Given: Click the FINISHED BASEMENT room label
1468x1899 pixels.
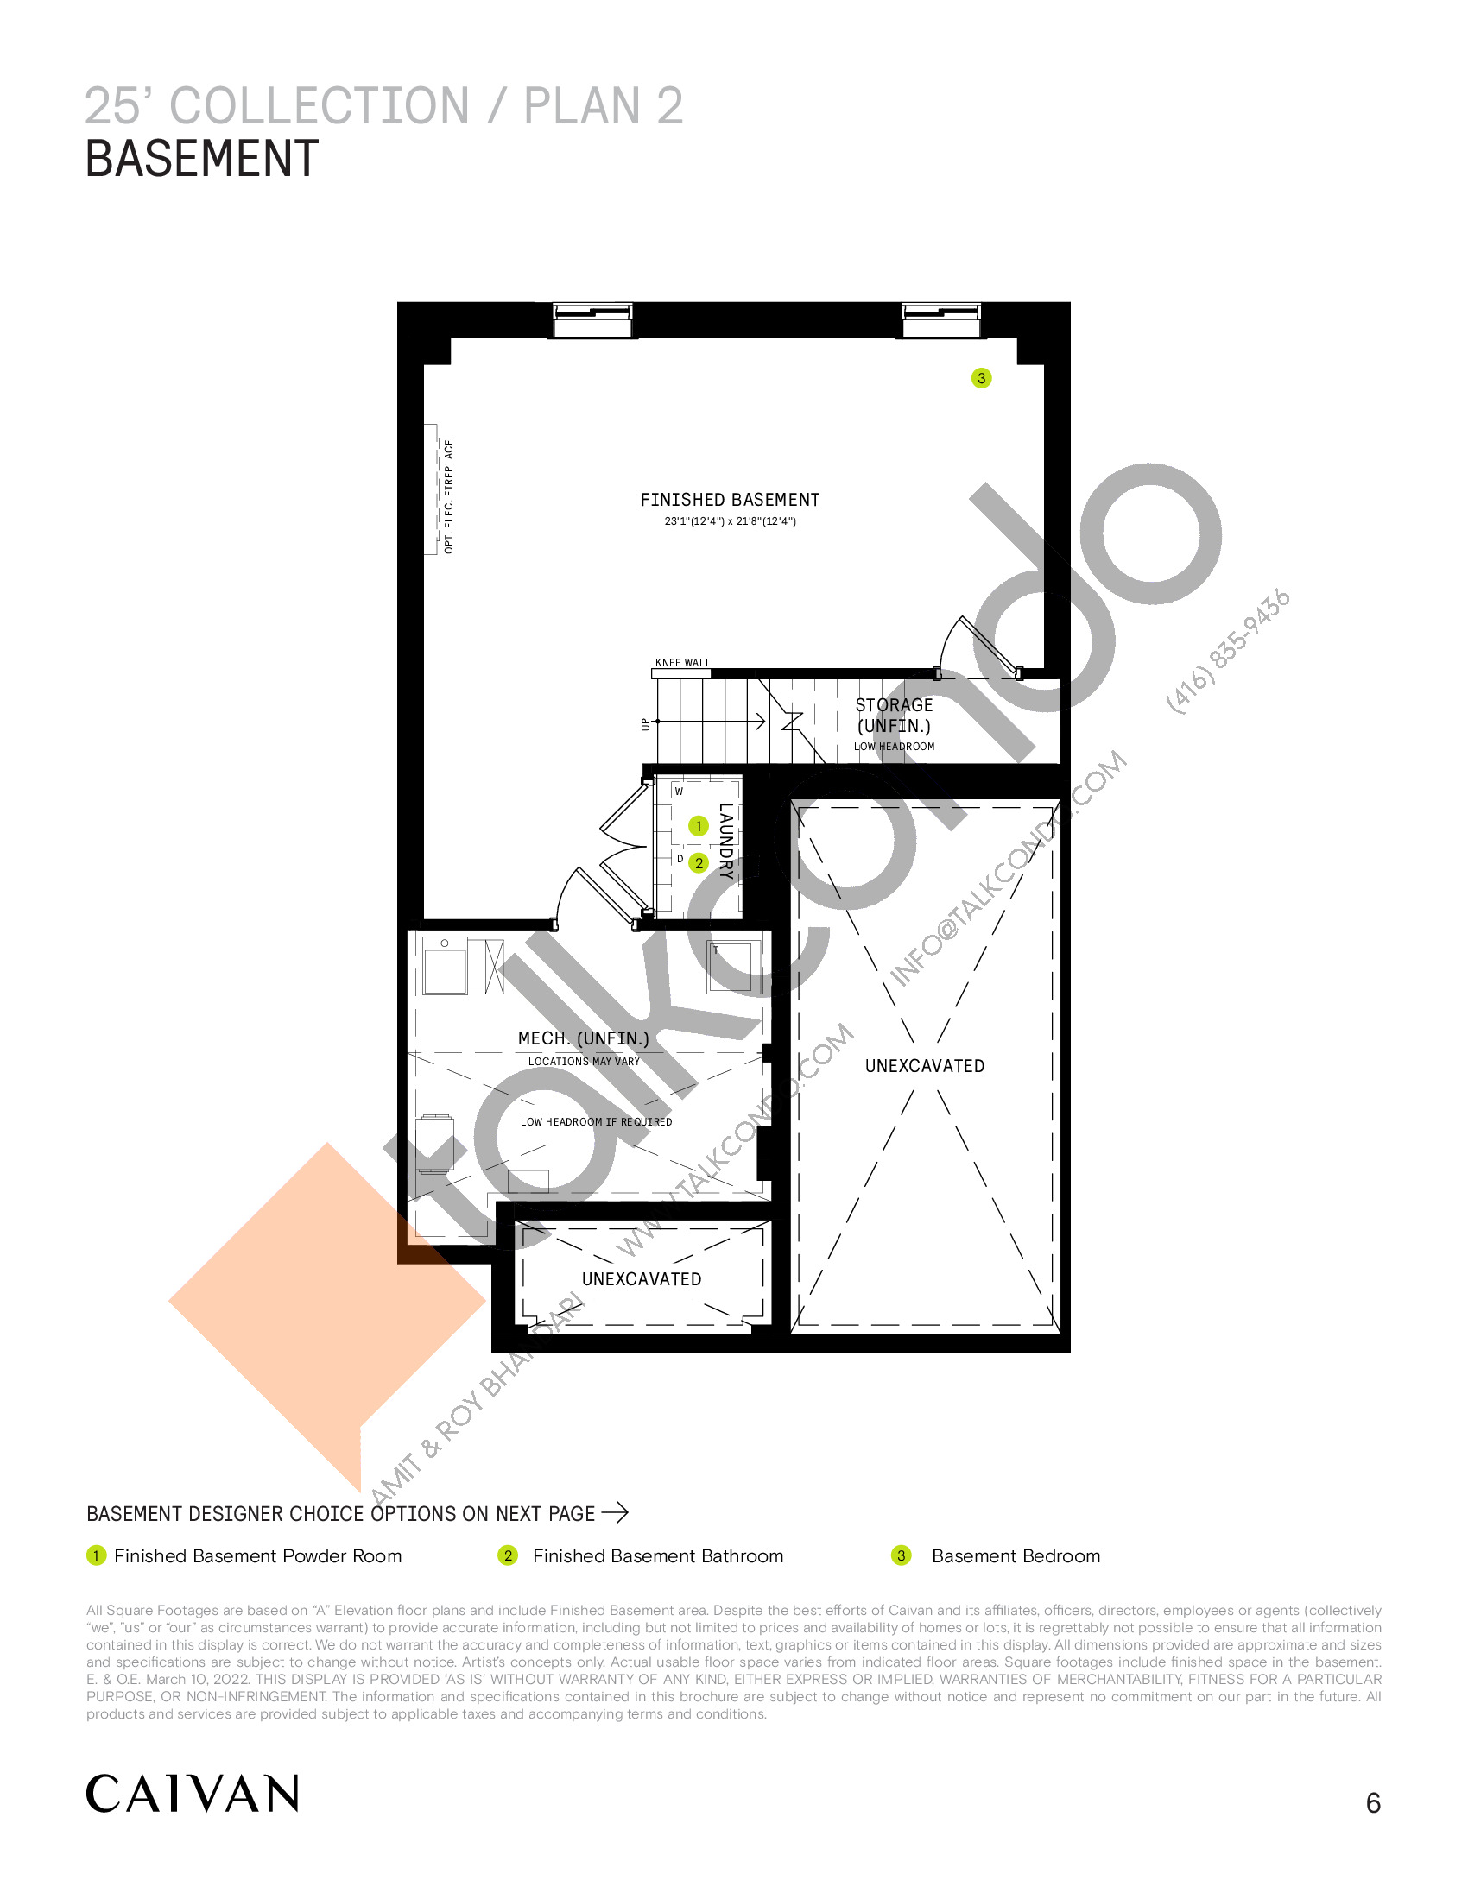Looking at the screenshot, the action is click(730, 500).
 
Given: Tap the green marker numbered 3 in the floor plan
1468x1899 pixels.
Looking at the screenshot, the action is click(981, 378).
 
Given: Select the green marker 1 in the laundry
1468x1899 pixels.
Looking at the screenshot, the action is click(699, 826).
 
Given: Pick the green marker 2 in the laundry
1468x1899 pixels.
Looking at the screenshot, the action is click(699, 863).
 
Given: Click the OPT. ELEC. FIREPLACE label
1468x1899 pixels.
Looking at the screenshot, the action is click(449, 496).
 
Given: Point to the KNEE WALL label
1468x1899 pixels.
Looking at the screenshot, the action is click(683, 663).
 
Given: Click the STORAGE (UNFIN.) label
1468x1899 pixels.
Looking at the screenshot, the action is click(894, 716).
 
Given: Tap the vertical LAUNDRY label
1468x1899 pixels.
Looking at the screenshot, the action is click(726, 841).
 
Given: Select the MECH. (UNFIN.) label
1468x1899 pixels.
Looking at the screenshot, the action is click(584, 1038).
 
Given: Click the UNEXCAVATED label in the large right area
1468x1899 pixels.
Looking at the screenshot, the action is click(925, 1066).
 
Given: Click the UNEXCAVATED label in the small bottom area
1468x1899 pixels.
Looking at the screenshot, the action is click(641, 1279).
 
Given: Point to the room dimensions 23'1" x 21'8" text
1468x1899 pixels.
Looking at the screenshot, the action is click(730, 521).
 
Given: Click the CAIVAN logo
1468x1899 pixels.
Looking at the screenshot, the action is click(193, 1794).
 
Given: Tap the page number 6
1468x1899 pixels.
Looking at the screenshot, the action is click(1373, 1803).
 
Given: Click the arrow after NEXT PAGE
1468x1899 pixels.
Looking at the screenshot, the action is click(615, 1512).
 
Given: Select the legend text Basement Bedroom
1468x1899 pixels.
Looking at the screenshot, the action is click(1016, 1555).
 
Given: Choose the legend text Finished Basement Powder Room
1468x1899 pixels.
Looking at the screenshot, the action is click(258, 1555).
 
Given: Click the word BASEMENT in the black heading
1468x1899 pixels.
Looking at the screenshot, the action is click(202, 159).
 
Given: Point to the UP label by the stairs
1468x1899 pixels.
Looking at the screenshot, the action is click(645, 724).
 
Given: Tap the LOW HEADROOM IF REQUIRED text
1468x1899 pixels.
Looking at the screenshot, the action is click(596, 1121).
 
